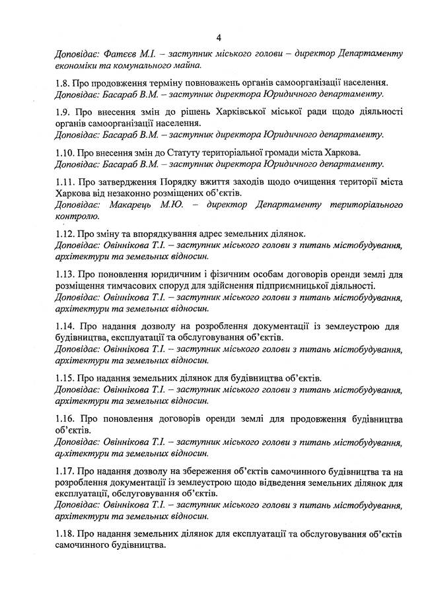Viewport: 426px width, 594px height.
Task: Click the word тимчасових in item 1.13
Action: click(x=130, y=286)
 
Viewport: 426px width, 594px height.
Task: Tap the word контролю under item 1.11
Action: click(x=77, y=216)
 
